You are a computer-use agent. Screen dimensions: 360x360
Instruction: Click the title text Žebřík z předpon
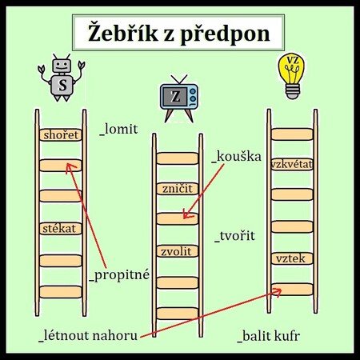tap(178, 33)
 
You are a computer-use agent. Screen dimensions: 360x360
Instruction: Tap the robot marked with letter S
tap(62, 78)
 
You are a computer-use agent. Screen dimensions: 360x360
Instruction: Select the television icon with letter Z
tap(179, 98)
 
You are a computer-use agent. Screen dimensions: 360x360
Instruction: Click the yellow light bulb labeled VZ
tap(292, 76)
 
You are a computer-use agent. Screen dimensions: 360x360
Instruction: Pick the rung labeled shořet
tap(61, 134)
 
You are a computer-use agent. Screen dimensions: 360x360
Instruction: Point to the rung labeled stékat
tap(61, 229)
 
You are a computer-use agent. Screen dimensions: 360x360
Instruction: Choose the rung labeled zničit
tap(178, 189)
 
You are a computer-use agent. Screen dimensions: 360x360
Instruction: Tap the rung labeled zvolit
tap(178, 251)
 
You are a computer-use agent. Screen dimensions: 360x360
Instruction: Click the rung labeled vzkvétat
tap(292, 164)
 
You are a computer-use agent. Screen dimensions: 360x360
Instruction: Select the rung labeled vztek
tap(292, 258)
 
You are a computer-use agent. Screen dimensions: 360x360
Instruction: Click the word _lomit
tap(118, 130)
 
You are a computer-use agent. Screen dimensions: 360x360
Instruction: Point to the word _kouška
tap(236, 157)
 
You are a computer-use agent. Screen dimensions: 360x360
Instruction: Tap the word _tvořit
tap(234, 236)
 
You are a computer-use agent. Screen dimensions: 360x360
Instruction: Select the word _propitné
tap(119, 275)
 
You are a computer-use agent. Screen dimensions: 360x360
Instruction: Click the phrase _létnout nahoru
tap(88, 335)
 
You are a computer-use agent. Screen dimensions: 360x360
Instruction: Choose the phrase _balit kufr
tap(269, 336)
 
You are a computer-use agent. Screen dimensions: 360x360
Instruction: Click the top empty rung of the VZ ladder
tap(292, 134)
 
